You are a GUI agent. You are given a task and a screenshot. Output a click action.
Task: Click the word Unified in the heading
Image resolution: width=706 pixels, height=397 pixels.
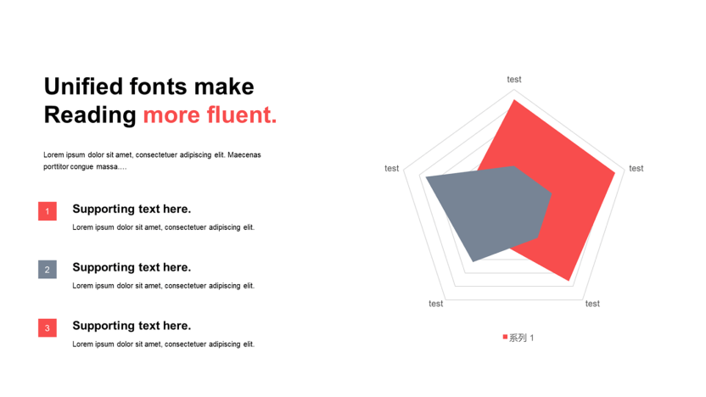[x=83, y=86]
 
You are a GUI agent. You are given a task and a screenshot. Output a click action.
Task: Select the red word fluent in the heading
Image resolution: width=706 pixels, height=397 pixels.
[x=241, y=115]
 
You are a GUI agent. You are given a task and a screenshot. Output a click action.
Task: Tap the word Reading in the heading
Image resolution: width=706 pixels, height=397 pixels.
[x=90, y=115]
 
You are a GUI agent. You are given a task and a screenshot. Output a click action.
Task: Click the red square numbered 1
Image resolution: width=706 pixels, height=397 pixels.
[x=48, y=211]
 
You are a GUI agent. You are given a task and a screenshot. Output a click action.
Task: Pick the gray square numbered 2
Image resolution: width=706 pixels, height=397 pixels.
[x=48, y=269]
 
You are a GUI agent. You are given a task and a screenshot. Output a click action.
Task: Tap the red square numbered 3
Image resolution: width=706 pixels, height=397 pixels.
[x=48, y=327]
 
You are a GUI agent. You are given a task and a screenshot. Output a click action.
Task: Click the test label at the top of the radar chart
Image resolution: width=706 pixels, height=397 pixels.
[x=514, y=80]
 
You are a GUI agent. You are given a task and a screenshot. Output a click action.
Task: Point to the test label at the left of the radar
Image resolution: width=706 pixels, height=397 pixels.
[x=392, y=168]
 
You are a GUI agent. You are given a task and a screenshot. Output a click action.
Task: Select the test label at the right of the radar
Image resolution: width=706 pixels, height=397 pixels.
[x=636, y=168]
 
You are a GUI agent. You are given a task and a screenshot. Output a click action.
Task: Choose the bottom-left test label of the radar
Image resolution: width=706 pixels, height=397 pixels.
[x=436, y=304]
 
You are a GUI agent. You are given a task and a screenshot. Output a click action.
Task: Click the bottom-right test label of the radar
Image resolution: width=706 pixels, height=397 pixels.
[x=592, y=304]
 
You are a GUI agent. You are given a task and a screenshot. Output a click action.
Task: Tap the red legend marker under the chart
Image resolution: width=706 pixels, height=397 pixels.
[x=505, y=337]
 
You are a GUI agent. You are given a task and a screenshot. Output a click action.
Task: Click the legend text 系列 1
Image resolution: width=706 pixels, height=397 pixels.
[x=521, y=338]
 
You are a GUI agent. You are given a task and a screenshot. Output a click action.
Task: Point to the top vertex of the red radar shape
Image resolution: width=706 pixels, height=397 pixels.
[x=513, y=100]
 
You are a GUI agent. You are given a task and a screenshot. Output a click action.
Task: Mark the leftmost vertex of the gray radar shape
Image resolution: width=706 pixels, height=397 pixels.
[x=426, y=177]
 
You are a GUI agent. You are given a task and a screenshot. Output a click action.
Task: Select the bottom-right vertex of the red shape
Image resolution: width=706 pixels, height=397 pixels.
[x=569, y=281]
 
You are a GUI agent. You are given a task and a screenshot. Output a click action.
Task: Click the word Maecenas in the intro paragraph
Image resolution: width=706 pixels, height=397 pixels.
[x=244, y=155]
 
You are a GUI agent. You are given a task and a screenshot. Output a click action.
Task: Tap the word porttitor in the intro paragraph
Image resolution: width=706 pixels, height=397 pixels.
[x=56, y=166]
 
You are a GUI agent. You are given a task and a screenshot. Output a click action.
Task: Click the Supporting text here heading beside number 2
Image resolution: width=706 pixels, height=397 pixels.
[x=132, y=267]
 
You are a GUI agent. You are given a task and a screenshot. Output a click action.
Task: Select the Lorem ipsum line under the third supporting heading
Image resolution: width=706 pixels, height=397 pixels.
[x=164, y=344]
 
